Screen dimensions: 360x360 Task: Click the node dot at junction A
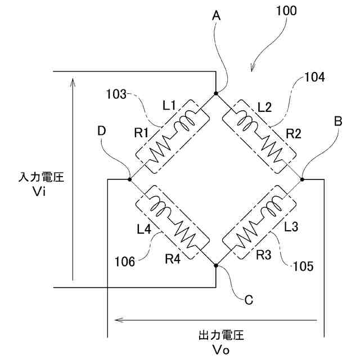216,94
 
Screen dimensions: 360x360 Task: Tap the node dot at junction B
302,179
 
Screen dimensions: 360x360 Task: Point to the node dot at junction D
130,179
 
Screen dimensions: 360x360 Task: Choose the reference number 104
314,78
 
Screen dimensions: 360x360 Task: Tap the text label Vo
221,349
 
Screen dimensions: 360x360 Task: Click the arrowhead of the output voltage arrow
116,321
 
